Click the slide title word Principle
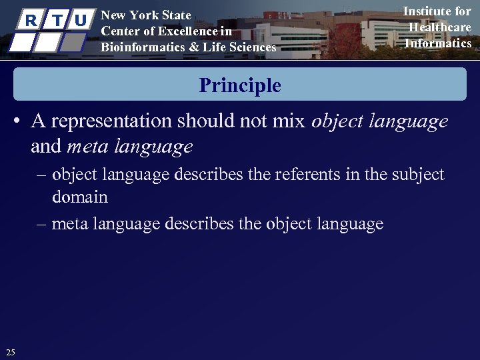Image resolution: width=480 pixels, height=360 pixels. (240, 85)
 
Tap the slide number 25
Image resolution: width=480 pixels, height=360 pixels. (10, 352)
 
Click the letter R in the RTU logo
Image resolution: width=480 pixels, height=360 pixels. (30, 20)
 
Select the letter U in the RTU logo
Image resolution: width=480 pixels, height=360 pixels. (81, 20)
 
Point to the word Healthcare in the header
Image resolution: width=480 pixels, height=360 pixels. (439, 27)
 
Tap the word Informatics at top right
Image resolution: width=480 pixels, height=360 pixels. (438, 43)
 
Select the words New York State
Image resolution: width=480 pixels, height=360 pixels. (145, 15)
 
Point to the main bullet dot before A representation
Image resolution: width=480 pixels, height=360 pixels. (19, 122)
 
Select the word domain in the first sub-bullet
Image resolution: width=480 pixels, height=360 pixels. (79, 197)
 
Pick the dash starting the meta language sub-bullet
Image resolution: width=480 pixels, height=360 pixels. (41, 224)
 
